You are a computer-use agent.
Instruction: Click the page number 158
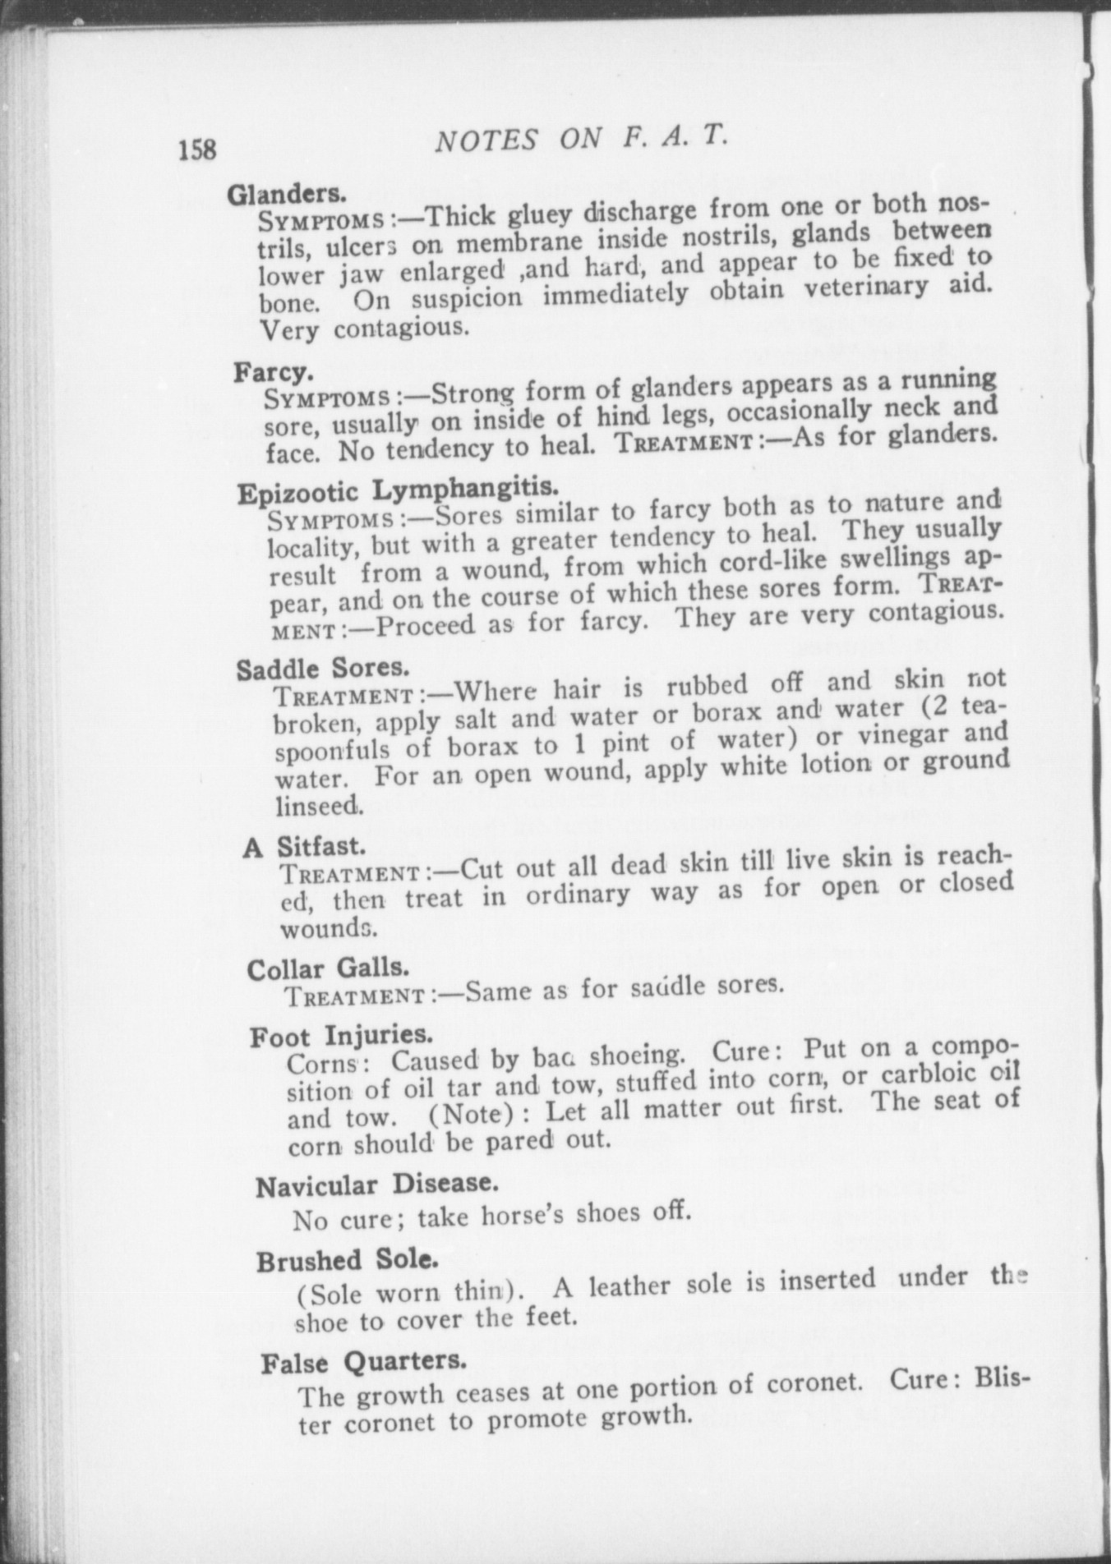(197, 149)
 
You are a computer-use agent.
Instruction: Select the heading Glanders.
(285, 194)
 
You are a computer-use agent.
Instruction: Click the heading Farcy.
(274, 372)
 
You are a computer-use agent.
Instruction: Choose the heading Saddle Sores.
(322, 667)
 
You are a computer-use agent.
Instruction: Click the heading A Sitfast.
(304, 846)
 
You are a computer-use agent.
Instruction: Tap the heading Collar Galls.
(328, 968)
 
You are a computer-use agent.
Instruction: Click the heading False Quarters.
(364, 1362)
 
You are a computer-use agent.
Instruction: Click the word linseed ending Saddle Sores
(319, 805)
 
